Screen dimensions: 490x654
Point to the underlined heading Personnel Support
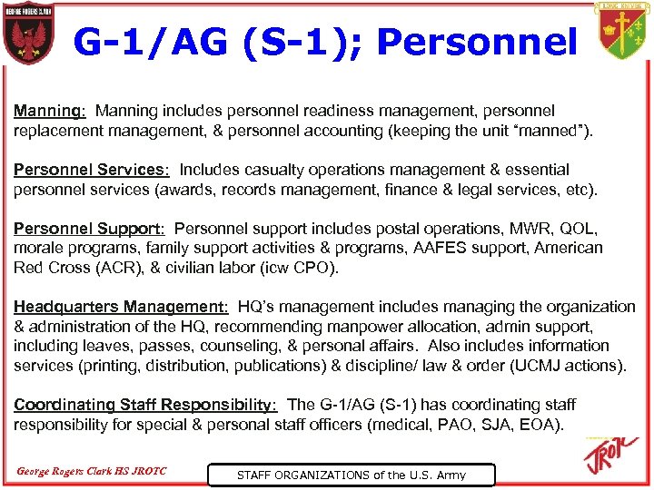click(x=88, y=229)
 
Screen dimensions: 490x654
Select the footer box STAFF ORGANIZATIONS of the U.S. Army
click(x=352, y=475)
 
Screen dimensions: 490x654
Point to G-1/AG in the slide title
click(x=154, y=42)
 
